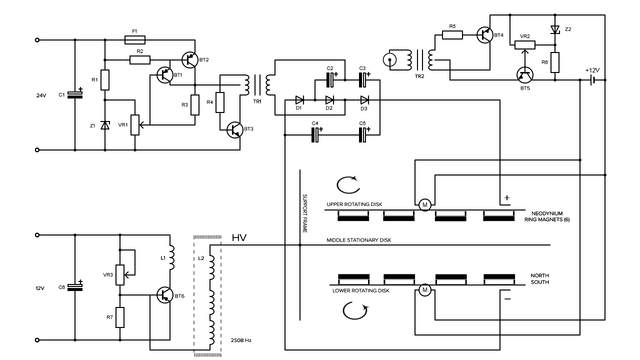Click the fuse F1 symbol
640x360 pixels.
[135, 40]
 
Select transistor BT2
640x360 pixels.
[189, 59]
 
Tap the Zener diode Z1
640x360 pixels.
[105, 125]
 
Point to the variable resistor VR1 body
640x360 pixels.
[135, 125]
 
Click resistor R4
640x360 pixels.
[219, 102]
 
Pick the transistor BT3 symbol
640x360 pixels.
[235, 129]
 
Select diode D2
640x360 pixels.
[329, 100]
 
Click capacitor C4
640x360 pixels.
[315, 135]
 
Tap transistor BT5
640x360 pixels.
[525, 75]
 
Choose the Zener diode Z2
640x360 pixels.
[555, 29]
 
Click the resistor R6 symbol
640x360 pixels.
[555, 62]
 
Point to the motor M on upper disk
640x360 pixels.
[425, 205]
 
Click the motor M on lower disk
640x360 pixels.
[425, 290]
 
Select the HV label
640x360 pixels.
[239, 237]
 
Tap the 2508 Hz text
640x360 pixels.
[241, 340]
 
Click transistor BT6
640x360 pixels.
[165, 295]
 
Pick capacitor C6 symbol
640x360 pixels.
[75, 287]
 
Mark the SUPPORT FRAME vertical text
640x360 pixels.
[305, 213]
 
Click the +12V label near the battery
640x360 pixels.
[592, 70]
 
